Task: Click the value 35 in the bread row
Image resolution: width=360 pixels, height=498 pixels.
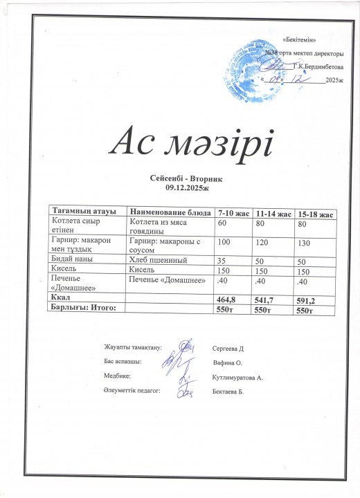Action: (223, 261)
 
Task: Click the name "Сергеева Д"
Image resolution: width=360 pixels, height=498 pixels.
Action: (232, 348)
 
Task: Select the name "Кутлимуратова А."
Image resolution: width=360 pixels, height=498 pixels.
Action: (240, 378)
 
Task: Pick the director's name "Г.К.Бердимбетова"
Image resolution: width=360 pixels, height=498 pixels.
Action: (318, 66)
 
